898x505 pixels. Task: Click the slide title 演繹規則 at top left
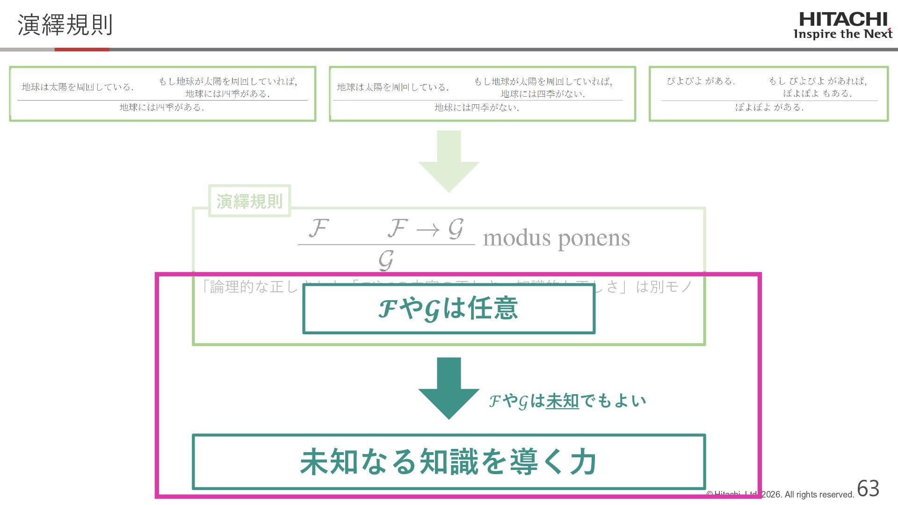(65, 25)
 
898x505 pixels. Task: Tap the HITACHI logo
(843, 20)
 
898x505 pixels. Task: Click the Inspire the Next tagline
(843, 34)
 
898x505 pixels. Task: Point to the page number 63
(868, 489)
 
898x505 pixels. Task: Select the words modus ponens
(556, 238)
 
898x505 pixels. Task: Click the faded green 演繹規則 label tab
(249, 201)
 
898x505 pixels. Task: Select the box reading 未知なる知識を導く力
(449, 462)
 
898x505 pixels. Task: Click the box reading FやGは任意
(449, 309)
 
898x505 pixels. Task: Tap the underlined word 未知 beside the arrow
(562, 401)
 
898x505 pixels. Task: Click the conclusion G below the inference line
(386, 260)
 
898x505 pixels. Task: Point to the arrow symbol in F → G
(428, 229)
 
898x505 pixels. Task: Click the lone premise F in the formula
(319, 228)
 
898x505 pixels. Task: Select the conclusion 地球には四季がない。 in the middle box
(477, 108)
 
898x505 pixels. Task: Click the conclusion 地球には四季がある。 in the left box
(161, 108)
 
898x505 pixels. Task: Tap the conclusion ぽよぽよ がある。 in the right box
(769, 108)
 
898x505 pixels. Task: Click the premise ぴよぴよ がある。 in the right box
(701, 81)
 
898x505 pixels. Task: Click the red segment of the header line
(82, 49)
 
